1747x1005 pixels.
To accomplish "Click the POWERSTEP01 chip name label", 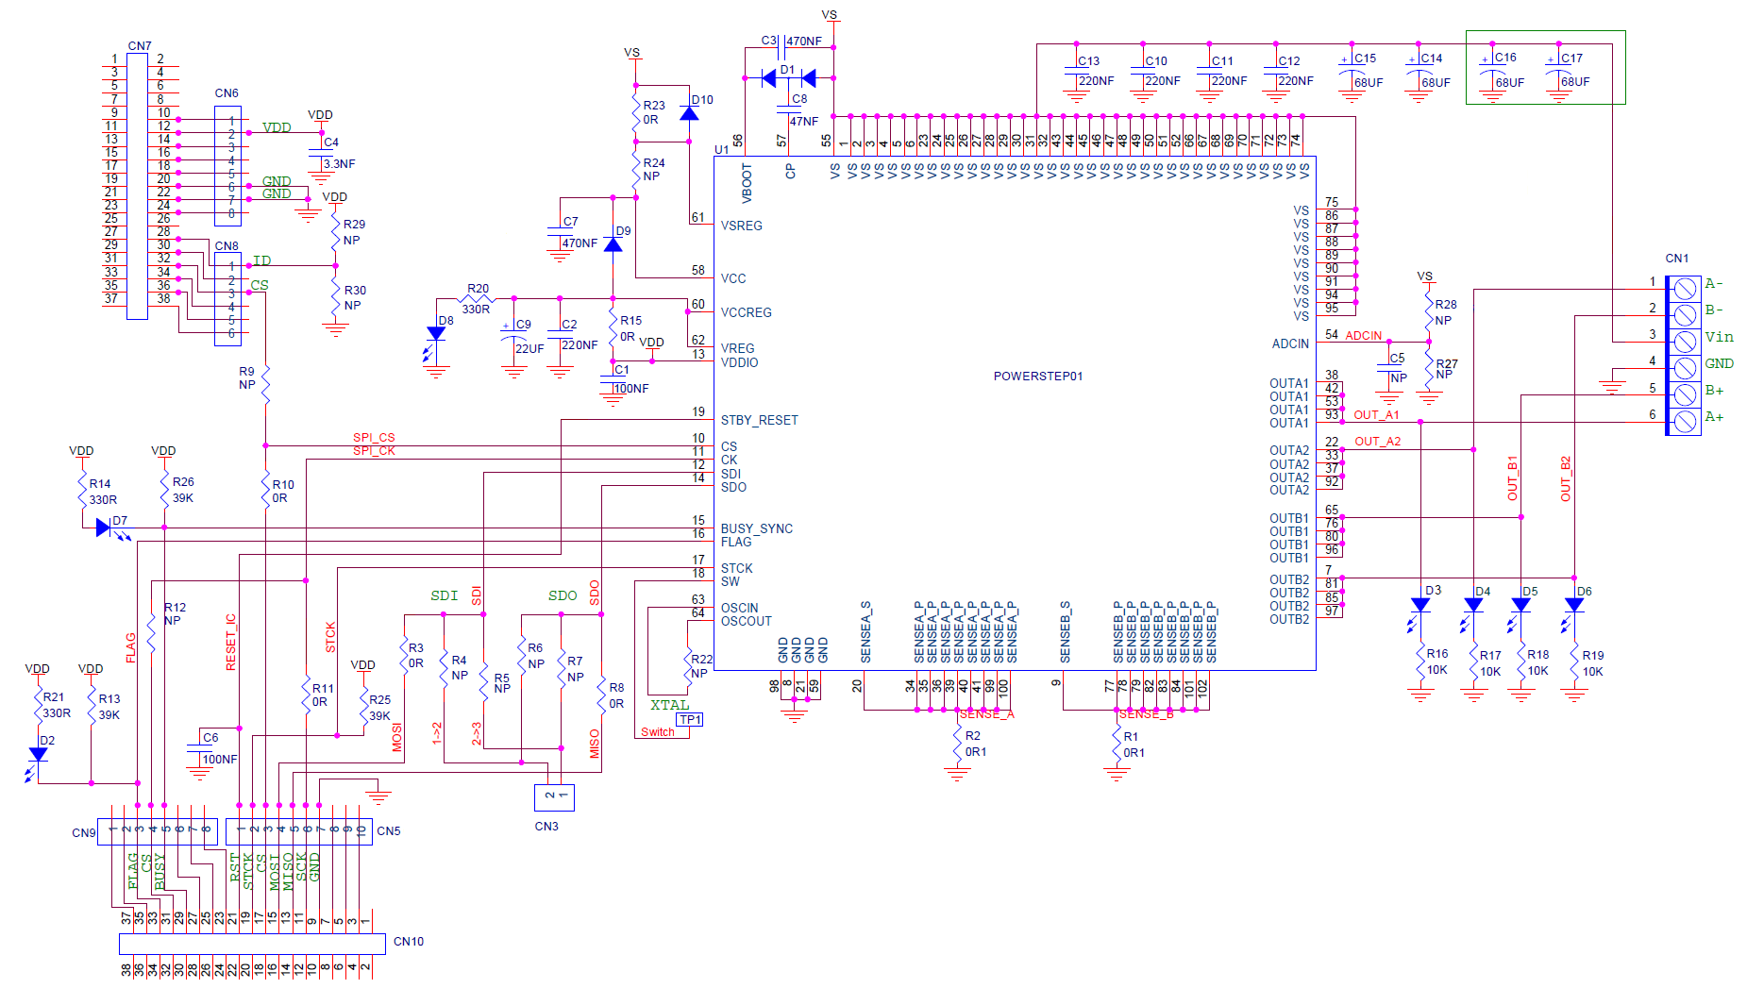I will pyautogui.click(x=1037, y=376).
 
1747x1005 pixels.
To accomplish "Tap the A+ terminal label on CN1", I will pyautogui.click(x=1713, y=417).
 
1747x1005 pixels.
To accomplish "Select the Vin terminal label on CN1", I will pyautogui.click(x=1718, y=337).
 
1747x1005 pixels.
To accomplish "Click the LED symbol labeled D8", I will pyautogui.click(x=435, y=334).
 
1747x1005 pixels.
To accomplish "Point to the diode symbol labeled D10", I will pyautogui.click(x=689, y=114).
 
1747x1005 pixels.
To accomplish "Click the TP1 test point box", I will pyautogui.click(x=690, y=719).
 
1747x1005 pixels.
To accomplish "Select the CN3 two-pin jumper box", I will pyautogui.click(x=554, y=796).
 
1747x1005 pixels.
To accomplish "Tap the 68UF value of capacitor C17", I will pyautogui.click(x=1574, y=82).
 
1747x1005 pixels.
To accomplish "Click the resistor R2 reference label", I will pyautogui.click(x=972, y=736).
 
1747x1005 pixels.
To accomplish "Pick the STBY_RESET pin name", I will pyautogui.click(x=759, y=420).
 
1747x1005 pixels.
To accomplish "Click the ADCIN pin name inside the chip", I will pyautogui.click(x=1289, y=343).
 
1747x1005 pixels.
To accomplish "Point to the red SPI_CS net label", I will pyautogui.click(x=374, y=438).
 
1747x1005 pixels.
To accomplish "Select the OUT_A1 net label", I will pyautogui.click(x=1376, y=415).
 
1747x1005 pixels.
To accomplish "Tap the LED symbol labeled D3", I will pyautogui.click(x=1419, y=605).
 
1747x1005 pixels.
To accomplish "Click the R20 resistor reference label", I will pyautogui.click(x=478, y=289).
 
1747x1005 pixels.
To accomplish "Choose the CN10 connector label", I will pyautogui.click(x=408, y=942).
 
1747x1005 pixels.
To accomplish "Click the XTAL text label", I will pyautogui.click(x=669, y=705).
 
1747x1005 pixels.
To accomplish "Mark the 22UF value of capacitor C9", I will pyautogui.click(x=529, y=348).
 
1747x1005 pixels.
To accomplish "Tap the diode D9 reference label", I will pyautogui.click(x=623, y=231).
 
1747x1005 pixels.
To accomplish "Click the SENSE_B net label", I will pyautogui.click(x=1146, y=714).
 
